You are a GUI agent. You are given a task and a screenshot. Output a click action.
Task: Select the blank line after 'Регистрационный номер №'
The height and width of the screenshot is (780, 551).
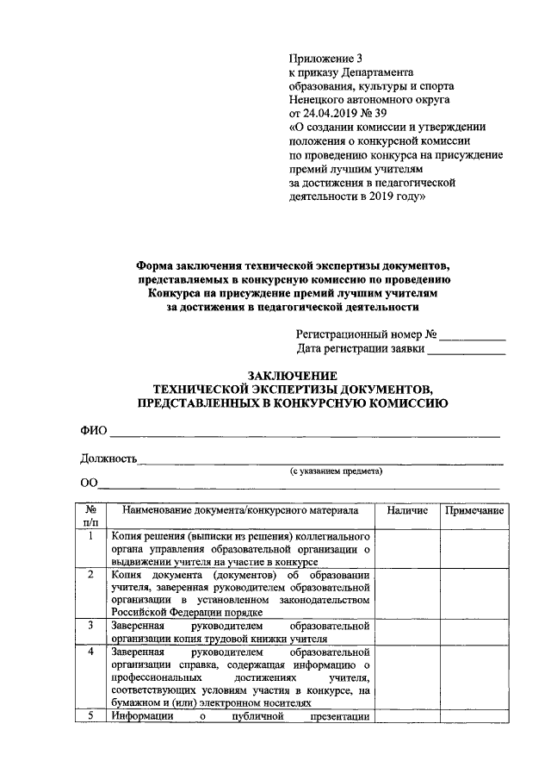tap(474, 338)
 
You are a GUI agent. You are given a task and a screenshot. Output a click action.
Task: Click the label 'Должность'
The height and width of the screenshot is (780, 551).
tap(108, 459)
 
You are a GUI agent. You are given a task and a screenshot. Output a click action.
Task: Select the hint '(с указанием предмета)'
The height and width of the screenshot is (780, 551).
tap(336, 471)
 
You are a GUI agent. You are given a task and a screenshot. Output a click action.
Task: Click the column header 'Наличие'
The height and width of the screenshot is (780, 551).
tap(407, 511)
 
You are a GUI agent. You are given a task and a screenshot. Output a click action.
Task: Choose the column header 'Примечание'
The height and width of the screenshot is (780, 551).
tap(474, 511)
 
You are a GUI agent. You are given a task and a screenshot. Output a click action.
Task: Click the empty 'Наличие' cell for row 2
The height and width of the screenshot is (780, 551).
tap(407, 593)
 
